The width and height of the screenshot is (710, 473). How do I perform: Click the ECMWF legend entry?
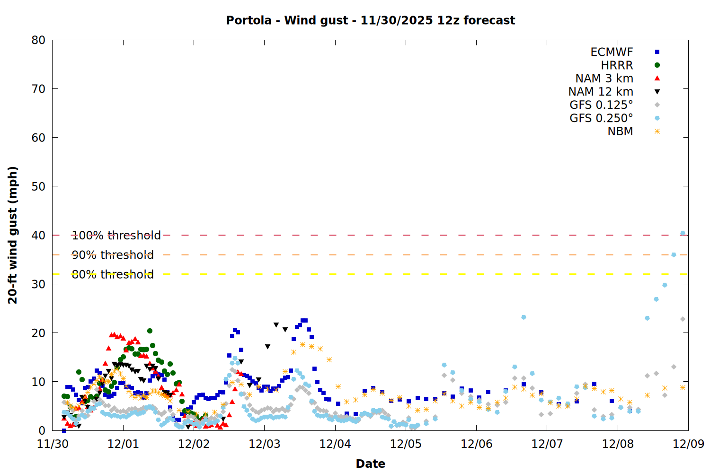coord(612,52)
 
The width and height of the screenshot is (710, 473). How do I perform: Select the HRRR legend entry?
coord(617,65)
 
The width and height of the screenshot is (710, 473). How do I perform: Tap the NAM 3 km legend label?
coord(604,79)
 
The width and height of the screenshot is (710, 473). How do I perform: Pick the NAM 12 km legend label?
coord(601,92)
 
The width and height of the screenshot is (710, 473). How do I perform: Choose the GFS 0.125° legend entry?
coord(601,105)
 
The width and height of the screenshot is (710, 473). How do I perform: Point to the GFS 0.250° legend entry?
coord(601,118)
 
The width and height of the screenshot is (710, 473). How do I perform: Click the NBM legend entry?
coord(620,131)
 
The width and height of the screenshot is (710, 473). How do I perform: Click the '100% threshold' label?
coord(116,236)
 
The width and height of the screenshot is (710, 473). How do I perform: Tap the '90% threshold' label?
coord(113,255)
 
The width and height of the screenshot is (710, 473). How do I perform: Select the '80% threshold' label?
coord(113,274)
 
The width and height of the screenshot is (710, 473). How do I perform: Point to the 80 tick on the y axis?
coord(38,40)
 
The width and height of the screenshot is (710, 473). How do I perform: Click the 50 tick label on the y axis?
coord(38,186)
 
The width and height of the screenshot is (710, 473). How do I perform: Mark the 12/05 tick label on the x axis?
coord(406,444)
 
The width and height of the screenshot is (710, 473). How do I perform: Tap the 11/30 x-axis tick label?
coord(53,444)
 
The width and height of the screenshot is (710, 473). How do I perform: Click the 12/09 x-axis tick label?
coord(688,444)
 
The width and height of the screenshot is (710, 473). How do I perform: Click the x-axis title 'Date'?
coord(370,464)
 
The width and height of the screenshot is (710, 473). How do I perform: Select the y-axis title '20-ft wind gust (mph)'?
coord(13,235)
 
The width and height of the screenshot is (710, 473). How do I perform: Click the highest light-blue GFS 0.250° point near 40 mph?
coord(683,233)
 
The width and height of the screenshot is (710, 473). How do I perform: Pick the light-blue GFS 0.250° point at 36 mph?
coord(674,255)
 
